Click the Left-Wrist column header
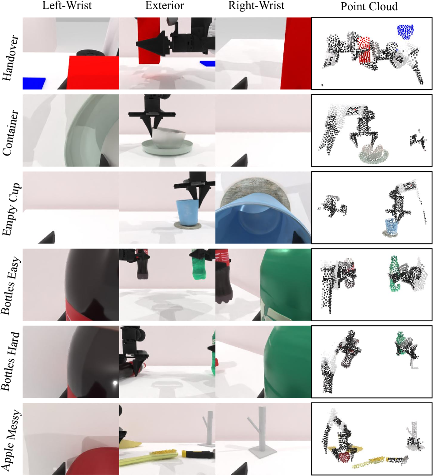pos(67,6)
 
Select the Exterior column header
pos(165,6)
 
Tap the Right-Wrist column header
pos(256,6)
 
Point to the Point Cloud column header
pos(369,6)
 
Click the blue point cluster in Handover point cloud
pos(405,32)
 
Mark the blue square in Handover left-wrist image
pos(34,83)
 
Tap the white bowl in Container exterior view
pos(168,138)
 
